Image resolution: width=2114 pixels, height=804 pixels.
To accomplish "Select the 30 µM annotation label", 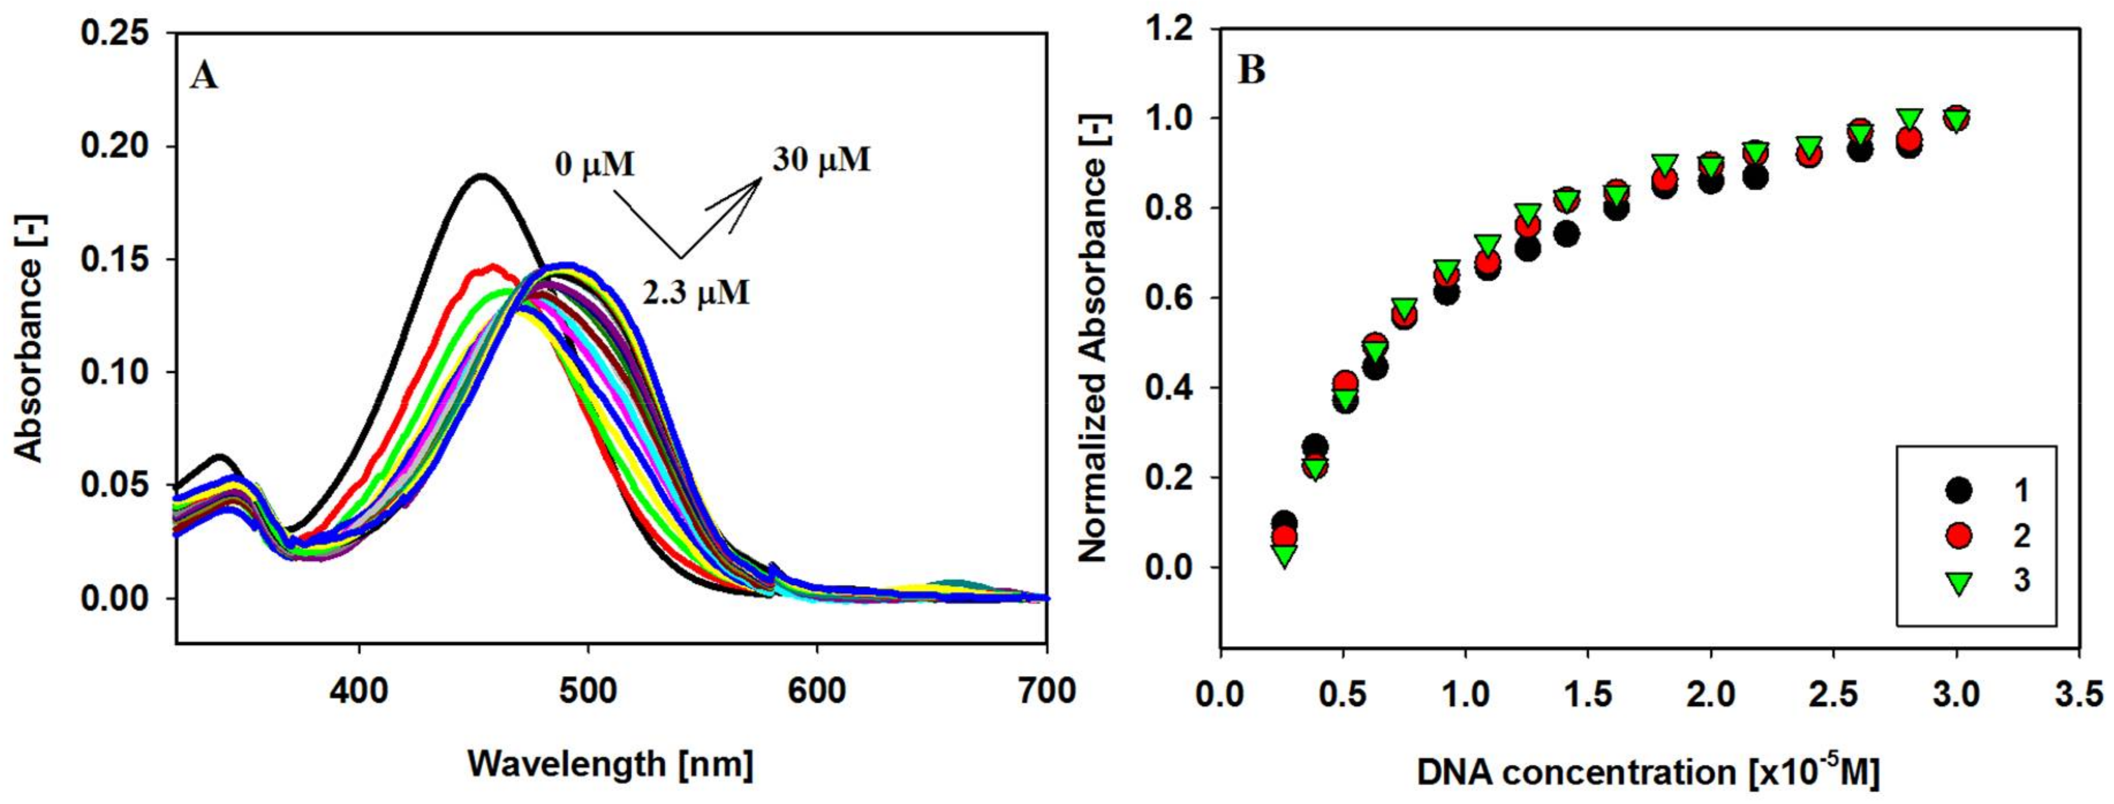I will tap(820, 159).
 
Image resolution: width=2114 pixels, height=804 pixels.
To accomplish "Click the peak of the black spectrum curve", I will tap(482, 175).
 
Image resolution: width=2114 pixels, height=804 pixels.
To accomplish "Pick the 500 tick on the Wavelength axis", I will tap(588, 690).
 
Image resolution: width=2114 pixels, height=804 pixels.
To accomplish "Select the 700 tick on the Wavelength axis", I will tap(1045, 690).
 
